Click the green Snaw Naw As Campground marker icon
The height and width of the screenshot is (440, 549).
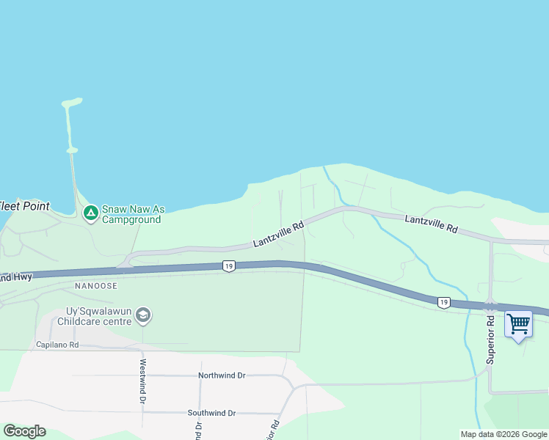[x=90, y=213]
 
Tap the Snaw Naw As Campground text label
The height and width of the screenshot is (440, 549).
[x=132, y=213]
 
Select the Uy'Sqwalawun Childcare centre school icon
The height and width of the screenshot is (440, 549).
[x=143, y=316]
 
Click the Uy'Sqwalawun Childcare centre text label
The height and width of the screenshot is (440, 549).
[x=92, y=316]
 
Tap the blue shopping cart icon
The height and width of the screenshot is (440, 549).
[x=518, y=323]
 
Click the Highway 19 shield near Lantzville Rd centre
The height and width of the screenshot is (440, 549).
[x=229, y=267]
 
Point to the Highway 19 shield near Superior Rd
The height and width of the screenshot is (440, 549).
[x=443, y=301]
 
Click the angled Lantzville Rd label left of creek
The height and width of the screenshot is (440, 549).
[x=278, y=235]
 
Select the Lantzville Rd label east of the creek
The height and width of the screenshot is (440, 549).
[x=432, y=224]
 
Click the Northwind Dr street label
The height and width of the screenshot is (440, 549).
[x=222, y=375]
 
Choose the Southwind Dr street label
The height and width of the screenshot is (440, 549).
[x=211, y=413]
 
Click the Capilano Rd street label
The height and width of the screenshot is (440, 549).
[x=57, y=344]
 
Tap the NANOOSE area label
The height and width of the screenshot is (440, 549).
[x=94, y=285]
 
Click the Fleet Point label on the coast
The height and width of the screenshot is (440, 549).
[x=25, y=206]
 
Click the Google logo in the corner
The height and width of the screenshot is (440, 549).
[x=24, y=431]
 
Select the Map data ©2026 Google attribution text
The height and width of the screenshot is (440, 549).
[x=503, y=434]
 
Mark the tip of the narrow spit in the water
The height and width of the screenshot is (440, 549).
[x=71, y=101]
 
